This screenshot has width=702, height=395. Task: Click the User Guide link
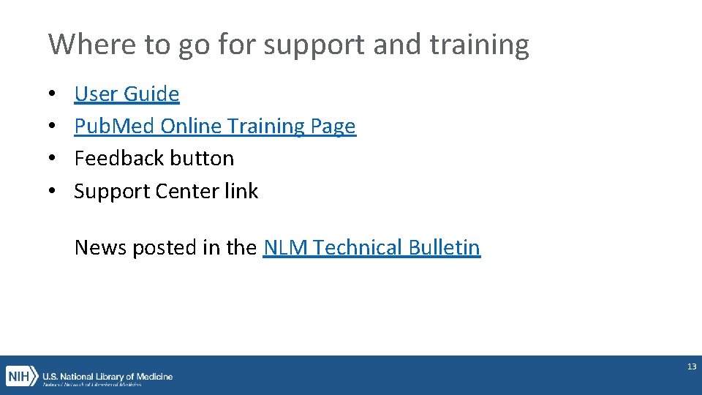point(127,94)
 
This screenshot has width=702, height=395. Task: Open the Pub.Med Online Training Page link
point(215,126)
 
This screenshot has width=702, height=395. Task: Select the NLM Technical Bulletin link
point(371,247)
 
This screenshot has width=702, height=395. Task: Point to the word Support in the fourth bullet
point(112,191)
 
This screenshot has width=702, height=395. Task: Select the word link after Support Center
point(241,191)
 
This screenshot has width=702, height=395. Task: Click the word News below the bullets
point(100,247)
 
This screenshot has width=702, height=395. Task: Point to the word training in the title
point(479,45)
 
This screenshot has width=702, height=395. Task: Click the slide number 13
point(692,366)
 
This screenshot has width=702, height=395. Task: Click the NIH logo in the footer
point(21,377)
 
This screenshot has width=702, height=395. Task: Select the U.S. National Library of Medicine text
point(107,376)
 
